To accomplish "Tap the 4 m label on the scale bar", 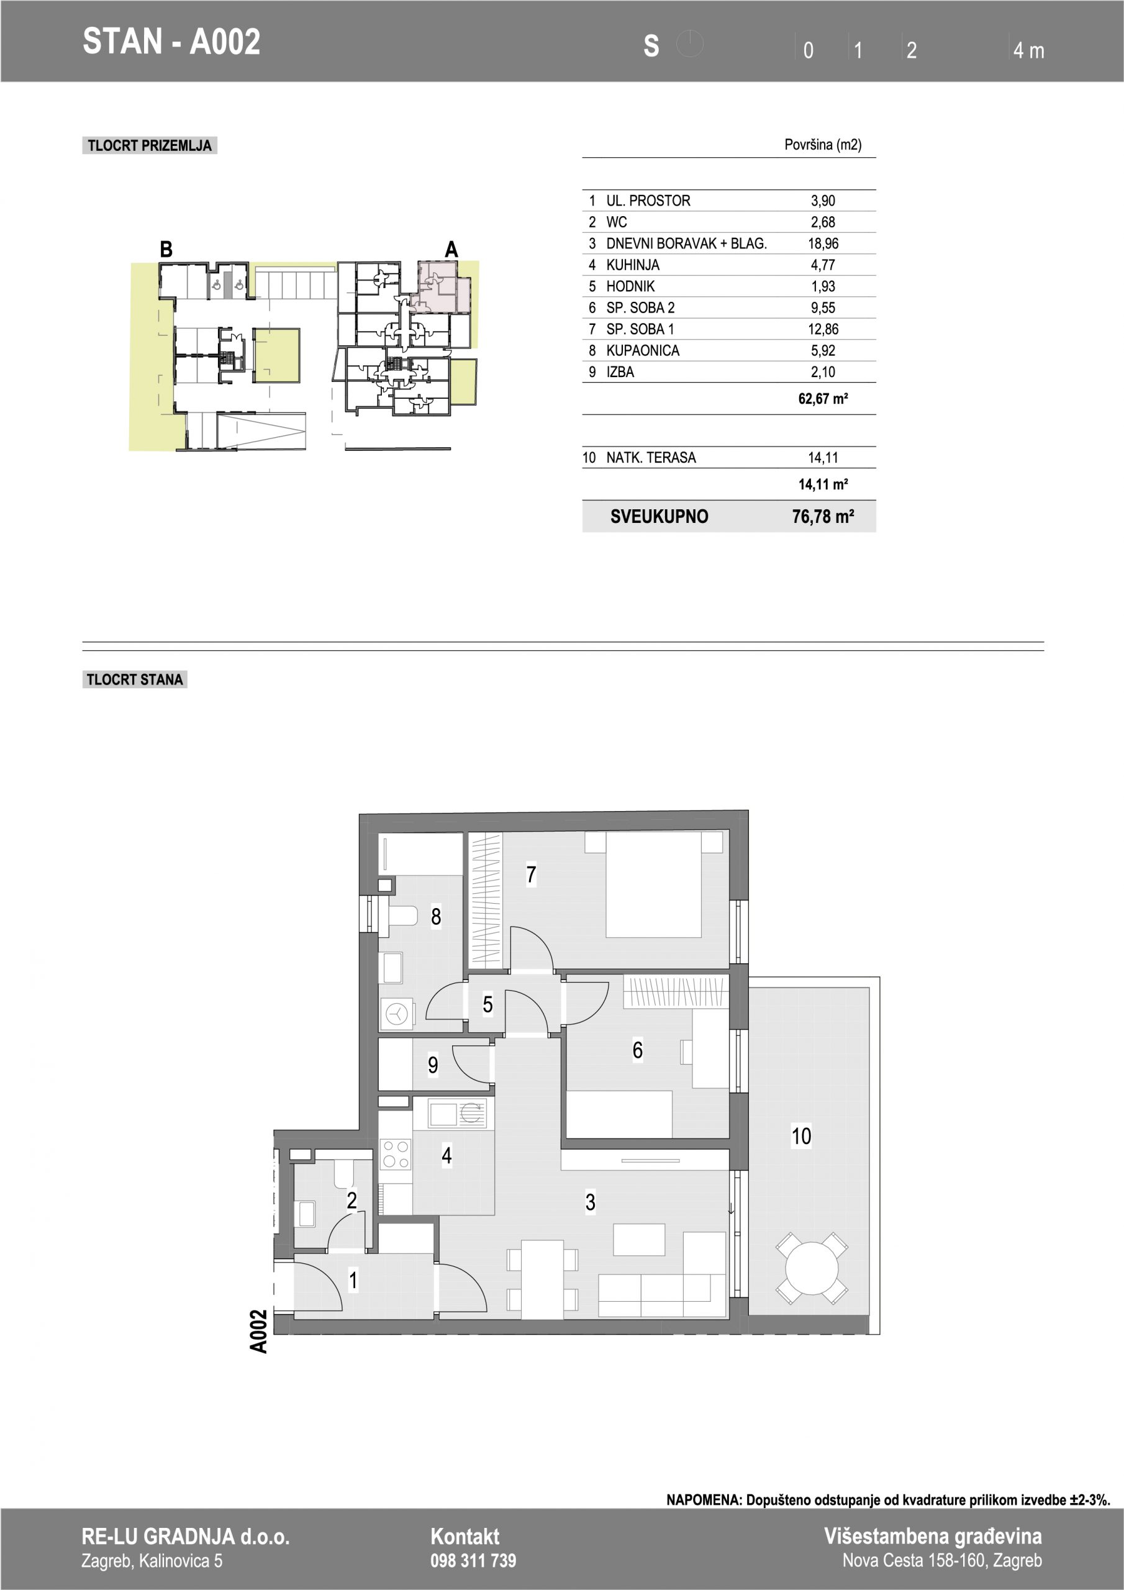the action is (x=1028, y=50).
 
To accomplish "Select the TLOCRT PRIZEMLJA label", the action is (x=150, y=145).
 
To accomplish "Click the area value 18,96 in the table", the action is (x=823, y=243).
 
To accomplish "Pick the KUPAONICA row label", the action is (x=643, y=350).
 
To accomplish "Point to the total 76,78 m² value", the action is (x=823, y=516).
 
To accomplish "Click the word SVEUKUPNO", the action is (x=659, y=516).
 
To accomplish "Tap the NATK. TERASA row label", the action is (x=651, y=458).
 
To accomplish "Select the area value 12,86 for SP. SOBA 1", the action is (x=823, y=329).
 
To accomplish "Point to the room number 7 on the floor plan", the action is (x=531, y=874).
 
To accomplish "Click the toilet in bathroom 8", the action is (x=401, y=916).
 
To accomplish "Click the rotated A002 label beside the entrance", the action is (x=258, y=1331).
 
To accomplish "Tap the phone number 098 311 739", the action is (x=473, y=1560).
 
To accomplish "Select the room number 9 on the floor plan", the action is (x=433, y=1065).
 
